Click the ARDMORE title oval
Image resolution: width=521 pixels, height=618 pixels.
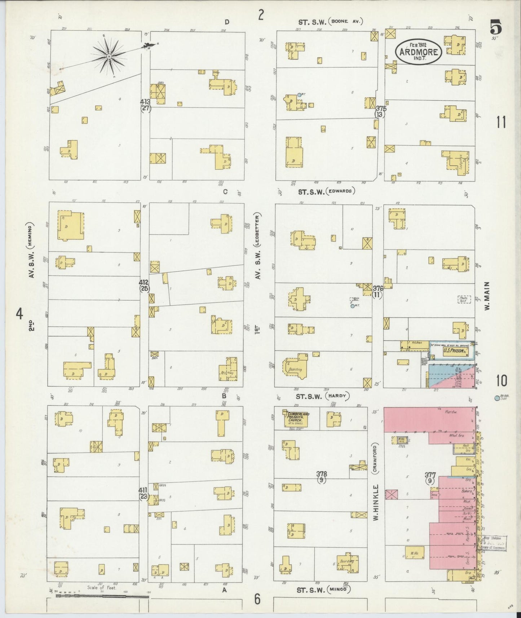tap(419, 51)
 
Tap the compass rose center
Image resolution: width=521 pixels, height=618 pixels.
tap(109, 57)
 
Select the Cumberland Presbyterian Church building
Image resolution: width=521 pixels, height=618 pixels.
tap(297, 418)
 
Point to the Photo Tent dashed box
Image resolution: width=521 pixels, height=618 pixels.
tap(464, 299)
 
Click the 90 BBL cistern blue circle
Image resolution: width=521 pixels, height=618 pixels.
tap(497, 398)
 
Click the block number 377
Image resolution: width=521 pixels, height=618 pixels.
tap(430, 475)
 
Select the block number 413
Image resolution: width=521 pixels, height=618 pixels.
tap(145, 102)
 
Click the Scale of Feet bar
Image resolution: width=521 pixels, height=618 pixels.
tap(102, 597)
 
